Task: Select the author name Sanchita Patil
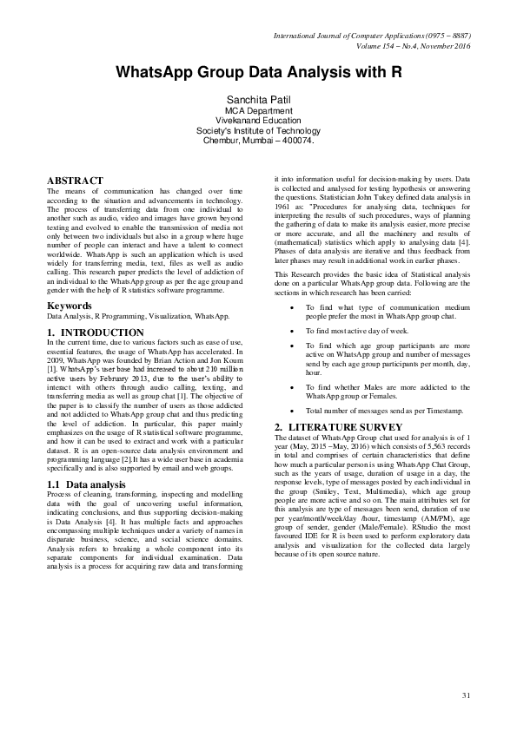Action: pyautogui.click(x=258, y=102)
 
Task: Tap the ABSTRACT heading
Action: pyautogui.click(x=76, y=181)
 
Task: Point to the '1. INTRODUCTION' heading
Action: pyautogui.click(x=96, y=333)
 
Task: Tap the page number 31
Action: pyautogui.click(x=466, y=695)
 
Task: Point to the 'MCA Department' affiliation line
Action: pyautogui.click(x=258, y=112)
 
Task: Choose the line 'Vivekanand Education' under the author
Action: pyautogui.click(x=258, y=122)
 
